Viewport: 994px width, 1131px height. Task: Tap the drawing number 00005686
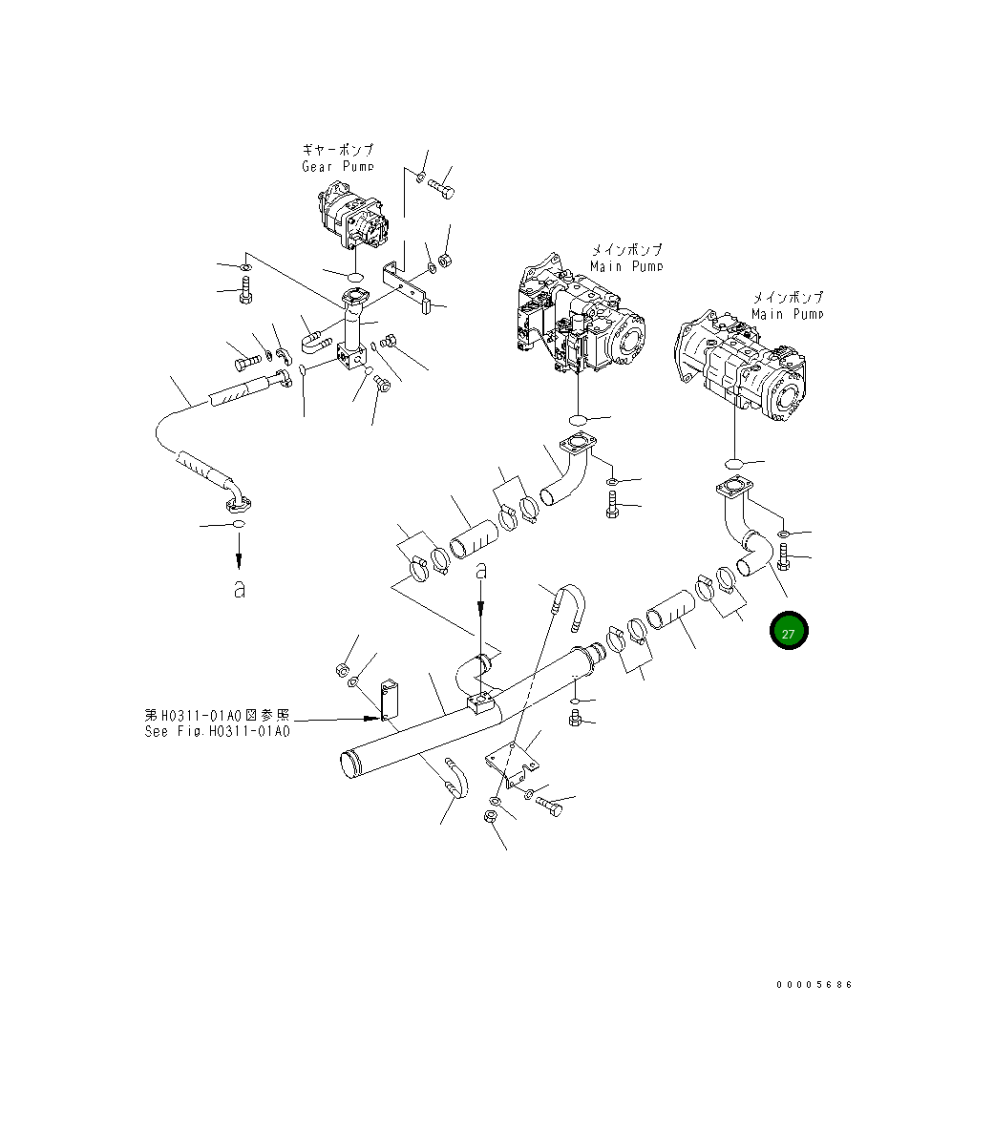click(814, 984)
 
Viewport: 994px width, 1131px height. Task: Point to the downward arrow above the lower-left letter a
click(239, 549)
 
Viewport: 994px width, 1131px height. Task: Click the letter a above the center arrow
click(482, 572)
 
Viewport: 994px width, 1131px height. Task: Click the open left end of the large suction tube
click(352, 764)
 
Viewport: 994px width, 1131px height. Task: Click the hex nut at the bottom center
click(487, 818)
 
